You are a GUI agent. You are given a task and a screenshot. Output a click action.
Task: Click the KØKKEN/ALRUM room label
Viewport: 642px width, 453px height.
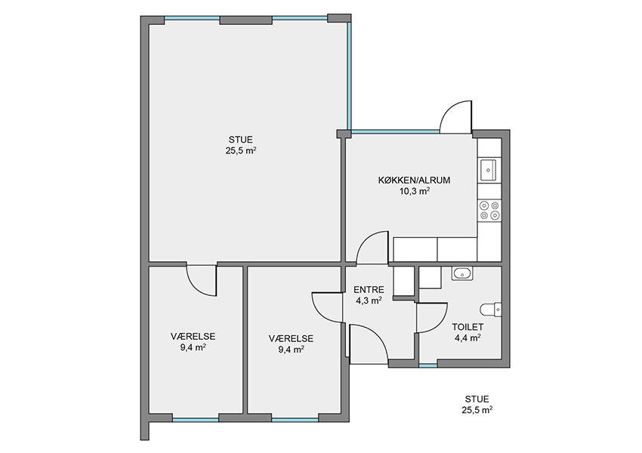click(x=414, y=180)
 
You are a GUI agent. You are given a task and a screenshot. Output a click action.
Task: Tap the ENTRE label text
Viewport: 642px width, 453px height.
click(x=369, y=290)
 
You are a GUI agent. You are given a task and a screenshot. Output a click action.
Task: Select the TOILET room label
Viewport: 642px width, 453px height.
click(x=468, y=327)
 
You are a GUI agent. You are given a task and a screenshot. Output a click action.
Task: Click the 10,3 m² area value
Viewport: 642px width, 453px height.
click(x=415, y=190)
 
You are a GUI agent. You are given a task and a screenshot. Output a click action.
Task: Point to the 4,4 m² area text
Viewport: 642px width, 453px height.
click(x=468, y=337)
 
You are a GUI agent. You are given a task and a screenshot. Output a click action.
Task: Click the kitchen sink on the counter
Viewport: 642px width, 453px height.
click(x=488, y=169)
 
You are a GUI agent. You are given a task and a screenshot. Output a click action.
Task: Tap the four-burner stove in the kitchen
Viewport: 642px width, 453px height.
click(x=489, y=211)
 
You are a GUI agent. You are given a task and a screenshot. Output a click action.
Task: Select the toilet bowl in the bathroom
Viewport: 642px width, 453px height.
click(x=490, y=310)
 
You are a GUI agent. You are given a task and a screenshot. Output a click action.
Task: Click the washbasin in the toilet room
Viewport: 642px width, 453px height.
click(x=462, y=273)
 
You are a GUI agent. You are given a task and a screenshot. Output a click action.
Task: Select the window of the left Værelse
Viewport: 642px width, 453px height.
click(x=196, y=420)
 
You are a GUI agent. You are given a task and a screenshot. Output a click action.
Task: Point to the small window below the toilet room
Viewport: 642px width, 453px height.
click(x=427, y=365)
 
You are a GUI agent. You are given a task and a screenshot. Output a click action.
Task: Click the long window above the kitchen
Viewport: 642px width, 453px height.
click(x=396, y=132)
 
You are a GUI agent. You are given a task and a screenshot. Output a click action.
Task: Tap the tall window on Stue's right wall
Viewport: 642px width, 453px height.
click(x=349, y=75)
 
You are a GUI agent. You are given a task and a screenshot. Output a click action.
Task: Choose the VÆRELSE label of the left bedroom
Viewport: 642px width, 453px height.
click(x=193, y=337)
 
